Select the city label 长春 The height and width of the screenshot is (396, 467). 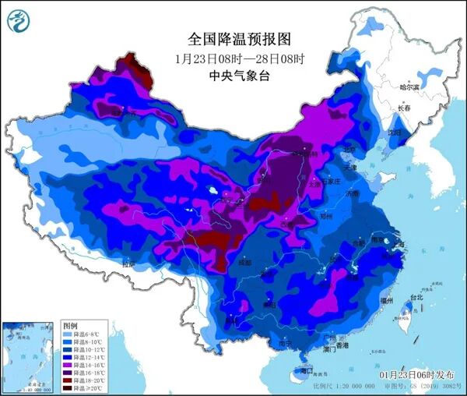pyautogui.click(x=404, y=108)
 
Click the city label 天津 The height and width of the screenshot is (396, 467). pyautogui.click(x=351, y=168)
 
